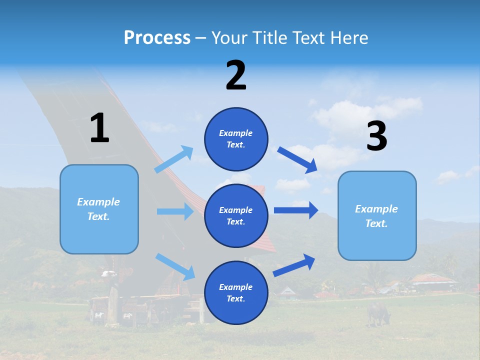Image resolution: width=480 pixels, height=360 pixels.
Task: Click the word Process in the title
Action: [x=157, y=38]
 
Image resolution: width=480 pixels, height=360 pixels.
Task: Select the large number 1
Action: [x=99, y=128]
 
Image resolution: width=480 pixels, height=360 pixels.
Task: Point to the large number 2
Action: [x=236, y=75]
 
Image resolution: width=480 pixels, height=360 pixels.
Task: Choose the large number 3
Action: [x=376, y=136]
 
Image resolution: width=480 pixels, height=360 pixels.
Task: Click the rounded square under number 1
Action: [x=99, y=209]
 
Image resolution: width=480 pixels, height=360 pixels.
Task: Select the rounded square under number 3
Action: [x=377, y=216]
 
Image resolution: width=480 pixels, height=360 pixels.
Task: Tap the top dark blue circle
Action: [x=236, y=139]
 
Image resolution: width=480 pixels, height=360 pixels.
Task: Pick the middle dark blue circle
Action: [x=236, y=215]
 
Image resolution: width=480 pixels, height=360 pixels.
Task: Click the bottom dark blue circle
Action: [x=236, y=293]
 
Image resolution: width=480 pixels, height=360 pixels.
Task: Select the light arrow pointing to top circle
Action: [x=174, y=159]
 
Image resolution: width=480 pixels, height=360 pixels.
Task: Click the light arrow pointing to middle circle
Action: [x=175, y=211]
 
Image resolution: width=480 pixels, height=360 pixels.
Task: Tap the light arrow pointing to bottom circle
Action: [x=175, y=266]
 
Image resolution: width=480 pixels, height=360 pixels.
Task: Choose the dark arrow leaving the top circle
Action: [x=297, y=159]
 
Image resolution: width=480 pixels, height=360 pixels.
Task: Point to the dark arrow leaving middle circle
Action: [x=295, y=210]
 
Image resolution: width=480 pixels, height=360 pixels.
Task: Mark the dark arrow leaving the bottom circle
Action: [x=294, y=265]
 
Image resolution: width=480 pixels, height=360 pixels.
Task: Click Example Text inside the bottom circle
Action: [x=236, y=293]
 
